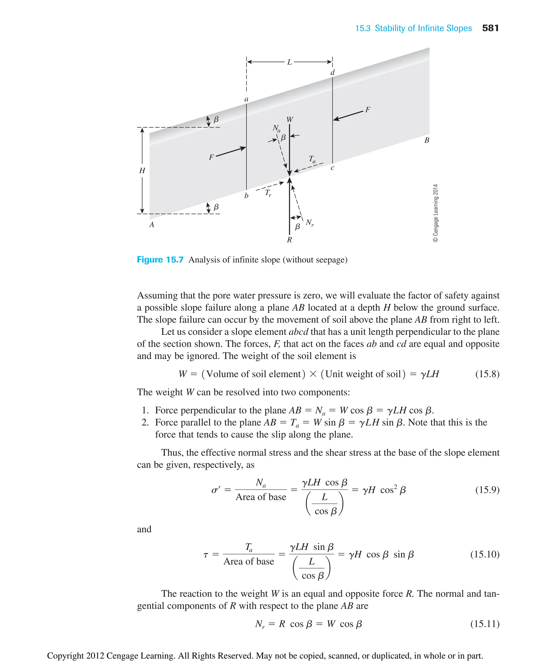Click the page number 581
490,28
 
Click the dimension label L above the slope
289,62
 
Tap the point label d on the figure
333,73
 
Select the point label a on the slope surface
246,99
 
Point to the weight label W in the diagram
290,120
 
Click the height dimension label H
142,170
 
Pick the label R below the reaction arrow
289,240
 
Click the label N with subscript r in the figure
310,223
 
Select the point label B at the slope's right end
427,140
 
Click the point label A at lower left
152,225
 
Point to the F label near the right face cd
367,110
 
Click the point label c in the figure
332,168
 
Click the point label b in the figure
246,196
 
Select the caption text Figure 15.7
160,260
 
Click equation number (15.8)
487,374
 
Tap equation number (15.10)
485,554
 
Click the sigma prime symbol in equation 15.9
215,490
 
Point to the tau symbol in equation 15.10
206,555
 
